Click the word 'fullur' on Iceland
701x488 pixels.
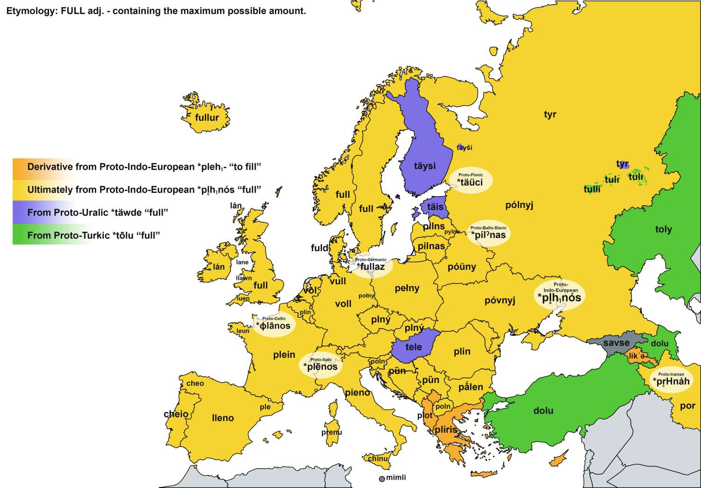[207, 117]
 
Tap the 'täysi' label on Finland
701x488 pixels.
[424, 166]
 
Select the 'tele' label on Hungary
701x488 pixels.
[414, 347]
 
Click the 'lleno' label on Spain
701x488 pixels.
[222, 418]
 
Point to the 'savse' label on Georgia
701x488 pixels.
[616, 343]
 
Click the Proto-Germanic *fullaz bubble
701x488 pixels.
[371, 265]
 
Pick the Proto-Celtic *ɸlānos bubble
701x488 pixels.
[273, 324]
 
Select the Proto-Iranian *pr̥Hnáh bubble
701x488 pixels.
[671, 380]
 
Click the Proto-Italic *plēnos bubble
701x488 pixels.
[321, 365]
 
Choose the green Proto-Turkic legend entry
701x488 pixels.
[93, 235]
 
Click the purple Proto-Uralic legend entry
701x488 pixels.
[97, 212]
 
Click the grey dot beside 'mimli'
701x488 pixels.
[382, 479]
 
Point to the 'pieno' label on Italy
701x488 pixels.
[358, 393]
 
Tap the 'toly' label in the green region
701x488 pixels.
[663, 230]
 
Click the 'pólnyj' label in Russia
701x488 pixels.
[519, 205]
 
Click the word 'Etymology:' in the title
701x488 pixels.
[31, 11]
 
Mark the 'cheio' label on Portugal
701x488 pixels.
[176, 414]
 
